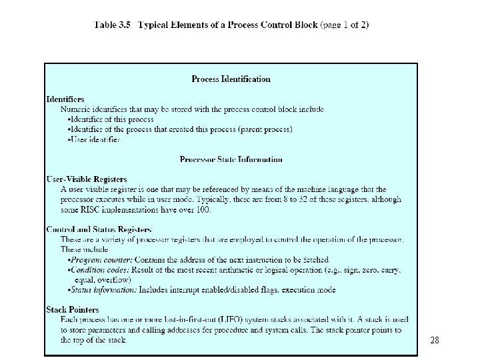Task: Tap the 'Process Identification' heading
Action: [231, 79]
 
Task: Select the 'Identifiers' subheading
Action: [65, 99]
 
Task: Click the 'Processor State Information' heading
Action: [231, 159]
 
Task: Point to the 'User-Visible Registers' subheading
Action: [87, 179]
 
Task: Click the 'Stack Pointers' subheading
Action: [72, 309]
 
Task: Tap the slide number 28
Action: [434, 340]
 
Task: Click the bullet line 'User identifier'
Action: [94, 139]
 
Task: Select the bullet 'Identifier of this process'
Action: [111, 119]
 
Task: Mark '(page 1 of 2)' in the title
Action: [345, 25]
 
